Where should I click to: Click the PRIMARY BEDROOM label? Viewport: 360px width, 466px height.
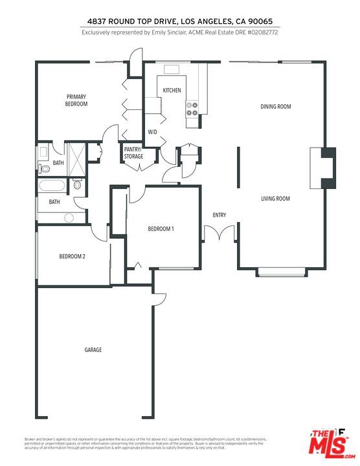76,100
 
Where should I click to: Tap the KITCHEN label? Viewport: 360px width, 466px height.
172,91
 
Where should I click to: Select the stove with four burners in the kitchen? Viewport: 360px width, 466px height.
192,109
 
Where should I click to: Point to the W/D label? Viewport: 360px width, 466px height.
153,132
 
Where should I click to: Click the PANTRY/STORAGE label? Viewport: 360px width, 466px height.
133,153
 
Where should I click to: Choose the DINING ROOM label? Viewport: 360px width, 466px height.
275,107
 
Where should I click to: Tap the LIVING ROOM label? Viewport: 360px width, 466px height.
275,199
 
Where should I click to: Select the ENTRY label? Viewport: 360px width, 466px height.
219,215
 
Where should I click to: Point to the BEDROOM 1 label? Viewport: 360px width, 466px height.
161,229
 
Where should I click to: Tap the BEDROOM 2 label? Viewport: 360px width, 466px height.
73,257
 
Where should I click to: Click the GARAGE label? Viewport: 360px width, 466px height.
93,350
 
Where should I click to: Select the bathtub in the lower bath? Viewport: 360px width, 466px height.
51,187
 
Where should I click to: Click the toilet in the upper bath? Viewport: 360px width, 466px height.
45,168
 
